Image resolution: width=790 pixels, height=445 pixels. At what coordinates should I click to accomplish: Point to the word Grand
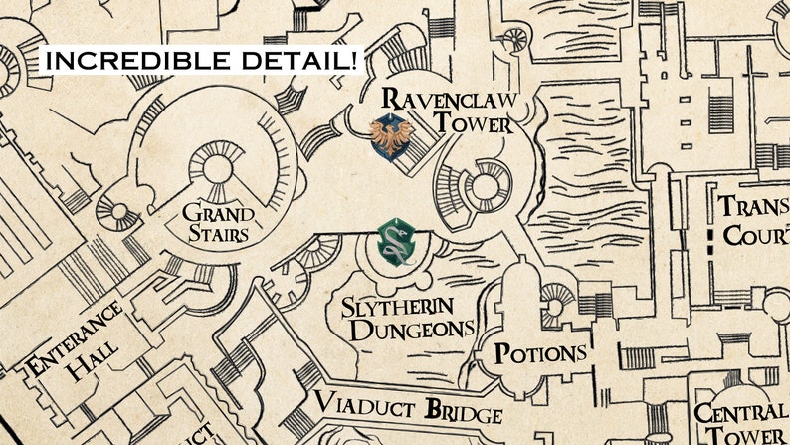pos(217,213)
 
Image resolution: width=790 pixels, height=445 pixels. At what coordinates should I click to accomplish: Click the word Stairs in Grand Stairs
pos(218,234)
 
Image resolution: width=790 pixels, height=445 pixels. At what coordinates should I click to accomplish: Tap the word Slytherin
pos(397,306)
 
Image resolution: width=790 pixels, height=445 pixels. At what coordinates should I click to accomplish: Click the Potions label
pos(540,354)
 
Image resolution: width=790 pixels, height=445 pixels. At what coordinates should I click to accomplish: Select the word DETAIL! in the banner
pos(297,60)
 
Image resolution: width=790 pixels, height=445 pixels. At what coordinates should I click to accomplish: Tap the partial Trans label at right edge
pos(753,208)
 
